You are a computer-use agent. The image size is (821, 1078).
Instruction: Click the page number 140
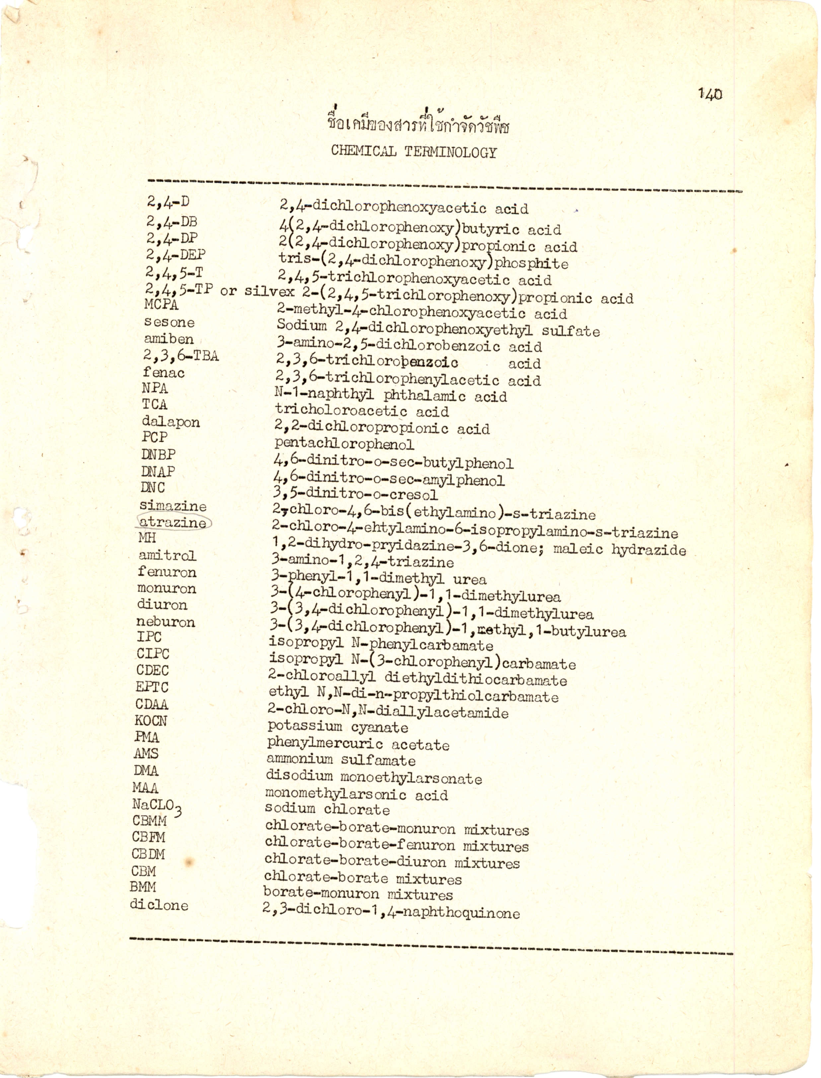coord(709,94)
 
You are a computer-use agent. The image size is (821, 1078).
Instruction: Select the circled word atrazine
coord(173,522)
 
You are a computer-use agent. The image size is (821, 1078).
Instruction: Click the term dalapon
coord(171,422)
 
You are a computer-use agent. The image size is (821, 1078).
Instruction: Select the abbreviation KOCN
coord(151,721)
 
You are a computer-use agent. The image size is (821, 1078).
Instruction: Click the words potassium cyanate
coord(337,728)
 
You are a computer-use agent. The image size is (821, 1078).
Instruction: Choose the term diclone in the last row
coord(159,905)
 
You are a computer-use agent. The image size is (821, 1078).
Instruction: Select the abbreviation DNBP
coord(158,454)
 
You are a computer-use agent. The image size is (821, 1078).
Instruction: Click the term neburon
coord(166,622)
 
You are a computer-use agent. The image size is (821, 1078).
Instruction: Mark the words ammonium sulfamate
coord(340,760)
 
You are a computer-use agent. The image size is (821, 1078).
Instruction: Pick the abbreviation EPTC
coord(152,687)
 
